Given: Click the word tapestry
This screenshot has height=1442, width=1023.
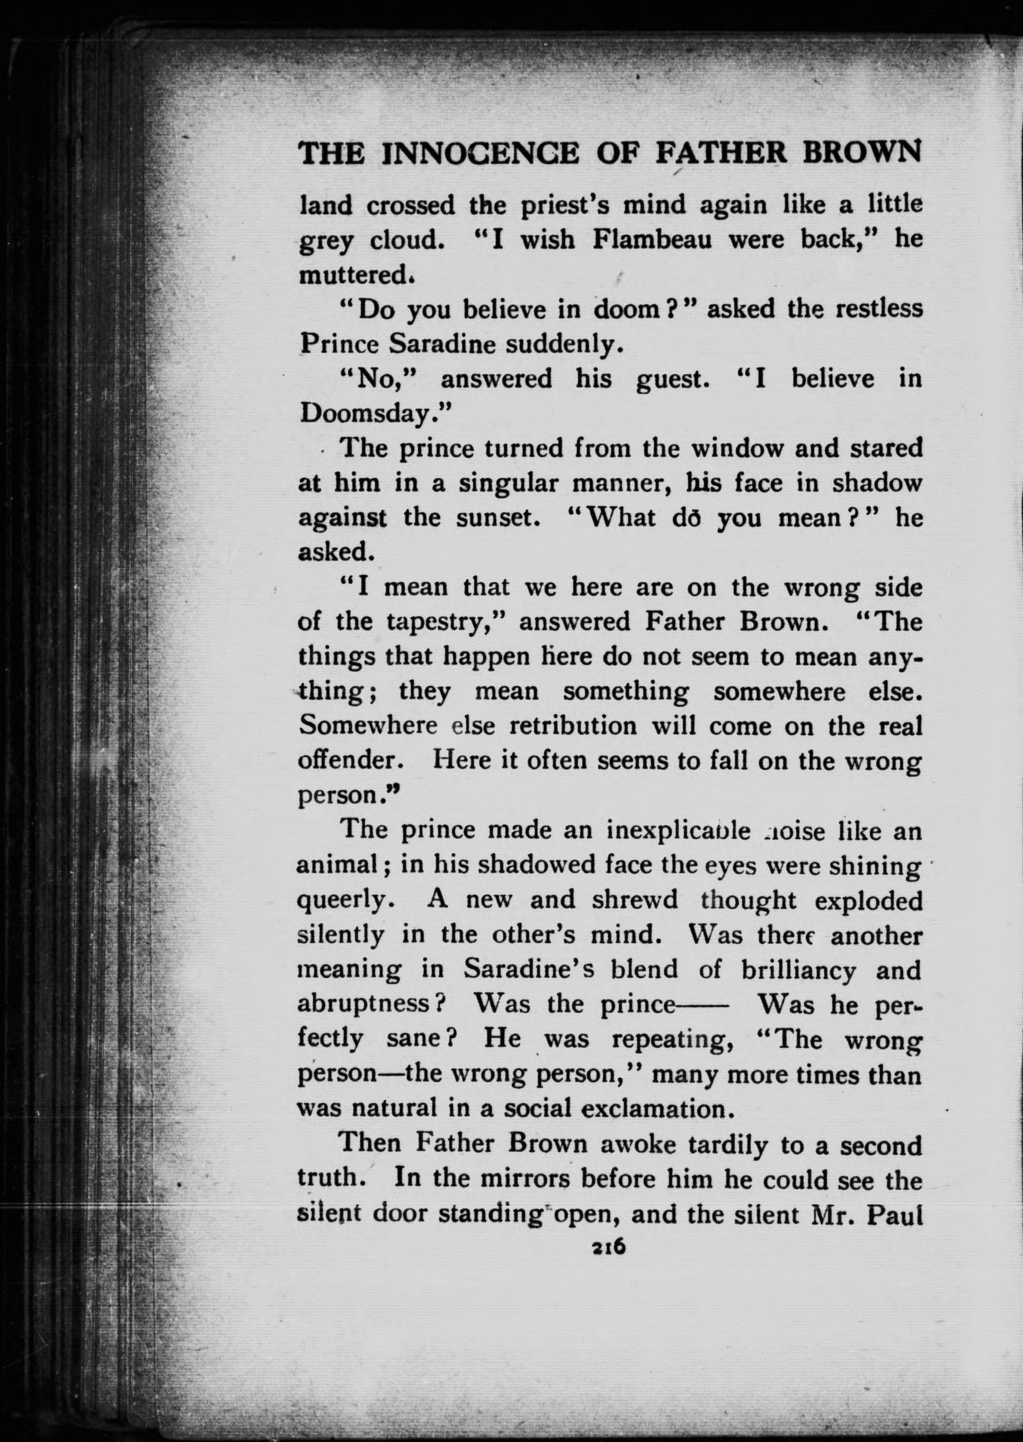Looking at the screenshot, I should (x=439, y=623).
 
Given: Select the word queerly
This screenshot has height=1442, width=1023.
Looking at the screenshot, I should (x=341, y=901).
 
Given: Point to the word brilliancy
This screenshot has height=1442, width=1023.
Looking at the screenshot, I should (x=799, y=971).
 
